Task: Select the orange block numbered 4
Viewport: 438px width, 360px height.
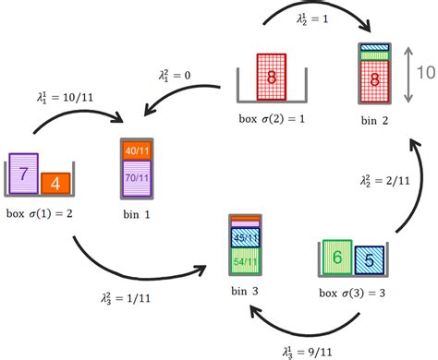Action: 55,183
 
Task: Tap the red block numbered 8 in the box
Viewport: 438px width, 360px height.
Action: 271,78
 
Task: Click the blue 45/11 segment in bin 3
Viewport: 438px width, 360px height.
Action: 244,235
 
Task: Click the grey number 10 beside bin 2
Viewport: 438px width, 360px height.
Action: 423,74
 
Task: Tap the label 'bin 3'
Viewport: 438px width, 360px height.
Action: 245,292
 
